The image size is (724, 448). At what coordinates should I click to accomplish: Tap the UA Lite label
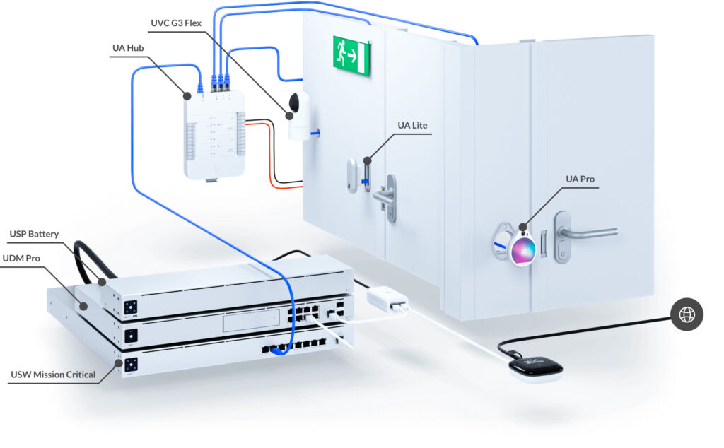coord(412,125)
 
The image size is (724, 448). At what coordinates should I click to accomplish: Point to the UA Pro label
coord(582,179)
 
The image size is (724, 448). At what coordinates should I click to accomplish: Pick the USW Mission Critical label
coord(53,374)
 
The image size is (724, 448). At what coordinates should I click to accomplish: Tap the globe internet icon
coord(687,314)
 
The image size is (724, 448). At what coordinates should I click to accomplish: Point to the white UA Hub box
coord(214,134)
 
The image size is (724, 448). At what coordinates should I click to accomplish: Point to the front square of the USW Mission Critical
coord(130,365)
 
